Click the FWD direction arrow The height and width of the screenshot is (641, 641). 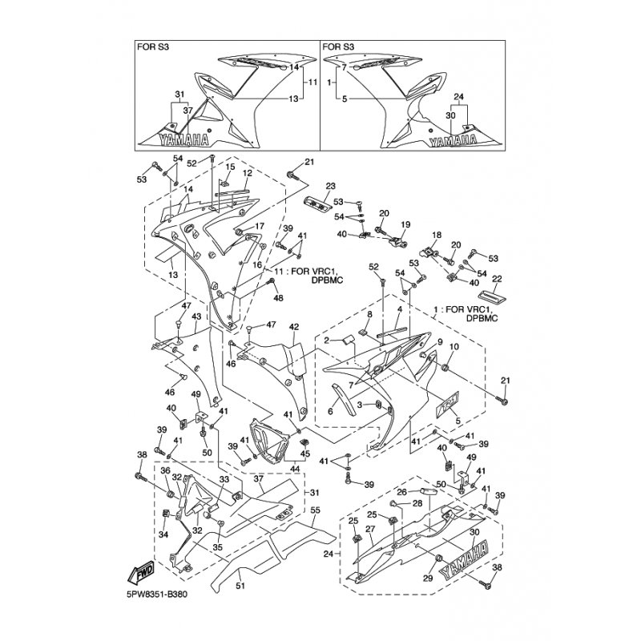point(143,573)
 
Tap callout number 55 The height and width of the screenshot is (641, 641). point(315,510)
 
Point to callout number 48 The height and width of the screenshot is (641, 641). point(279,298)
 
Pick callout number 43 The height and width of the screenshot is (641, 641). point(196,316)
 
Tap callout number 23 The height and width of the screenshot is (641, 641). point(329,187)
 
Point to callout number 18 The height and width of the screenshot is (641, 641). point(437,235)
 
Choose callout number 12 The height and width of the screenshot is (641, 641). point(248,173)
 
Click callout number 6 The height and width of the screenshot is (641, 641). point(329,411)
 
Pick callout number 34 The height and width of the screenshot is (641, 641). point(164,534)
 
